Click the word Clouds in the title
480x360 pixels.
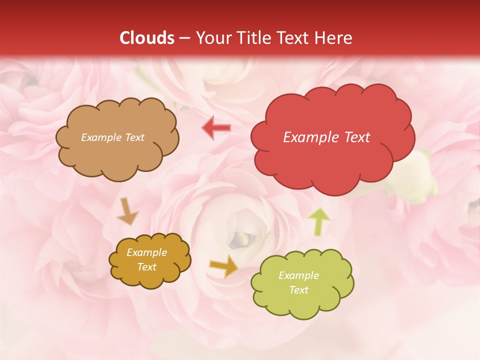tap(147, 38)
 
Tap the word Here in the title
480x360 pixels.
tap(334, 38)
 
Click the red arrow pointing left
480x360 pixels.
tap(216, 128)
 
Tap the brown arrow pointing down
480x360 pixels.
tap(127, 210)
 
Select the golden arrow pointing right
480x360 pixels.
tap(224, 266)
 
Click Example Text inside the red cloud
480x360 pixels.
tap(326, 137)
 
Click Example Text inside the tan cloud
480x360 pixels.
tap(112, 137)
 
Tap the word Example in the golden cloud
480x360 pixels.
tap(146, 252)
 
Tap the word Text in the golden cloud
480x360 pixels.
tap(146, 267)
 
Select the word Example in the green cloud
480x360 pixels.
tap(298, 275)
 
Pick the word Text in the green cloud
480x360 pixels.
tap(298, 290)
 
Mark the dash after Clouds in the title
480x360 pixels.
tap(184, 38)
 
